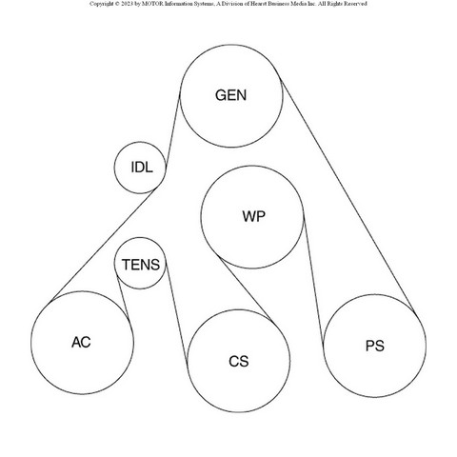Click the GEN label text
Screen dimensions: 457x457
[230, 95]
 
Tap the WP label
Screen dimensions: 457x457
[253, 216]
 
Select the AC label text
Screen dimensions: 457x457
[81, 342]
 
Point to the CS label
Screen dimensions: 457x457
[239, 361]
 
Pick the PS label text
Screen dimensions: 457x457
[375, 346]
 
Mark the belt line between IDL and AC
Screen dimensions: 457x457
[103, 245]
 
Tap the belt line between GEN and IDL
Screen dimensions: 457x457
[172, 128]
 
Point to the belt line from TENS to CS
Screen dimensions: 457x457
[176, 312]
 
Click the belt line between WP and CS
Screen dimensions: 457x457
[247, 289]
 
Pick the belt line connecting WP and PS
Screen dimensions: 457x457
[313, 279]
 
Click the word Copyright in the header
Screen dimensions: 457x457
[101, 4]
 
